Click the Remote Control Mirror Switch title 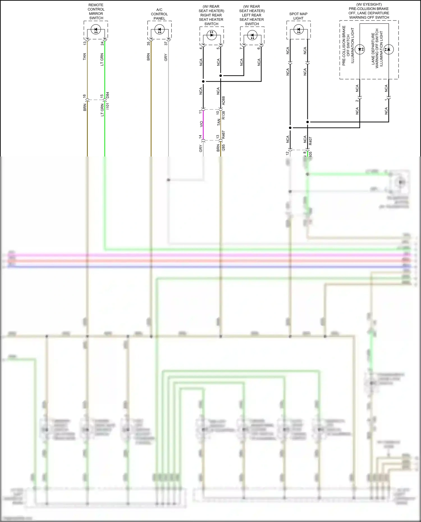96,12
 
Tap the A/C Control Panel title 159,14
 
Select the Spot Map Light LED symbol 298,29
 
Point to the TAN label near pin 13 84,57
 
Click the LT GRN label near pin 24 102,59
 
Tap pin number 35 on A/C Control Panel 148,43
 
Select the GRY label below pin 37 166,58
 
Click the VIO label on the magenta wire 201,124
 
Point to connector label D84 108,95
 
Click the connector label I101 108,106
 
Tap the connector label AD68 223,101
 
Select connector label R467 223,135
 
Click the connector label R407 310,141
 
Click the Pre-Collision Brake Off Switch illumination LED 360,49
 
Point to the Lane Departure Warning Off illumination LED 389,49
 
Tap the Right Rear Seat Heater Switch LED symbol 211,35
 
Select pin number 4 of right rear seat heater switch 201,48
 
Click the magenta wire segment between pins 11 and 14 203,125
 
